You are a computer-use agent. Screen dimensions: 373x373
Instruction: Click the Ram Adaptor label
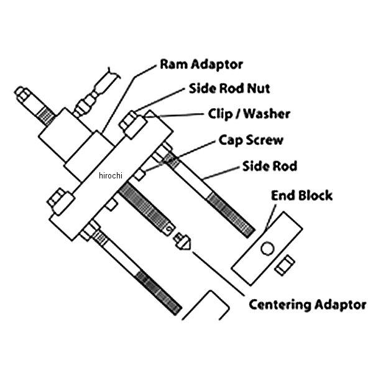(201, 65)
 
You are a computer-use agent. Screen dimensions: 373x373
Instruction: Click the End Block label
(302, 196)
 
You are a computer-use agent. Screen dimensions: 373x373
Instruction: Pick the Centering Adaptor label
(307, 305)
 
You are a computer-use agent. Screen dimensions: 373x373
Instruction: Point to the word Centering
(278, 305)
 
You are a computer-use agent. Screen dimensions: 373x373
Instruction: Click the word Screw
(265, 140)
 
